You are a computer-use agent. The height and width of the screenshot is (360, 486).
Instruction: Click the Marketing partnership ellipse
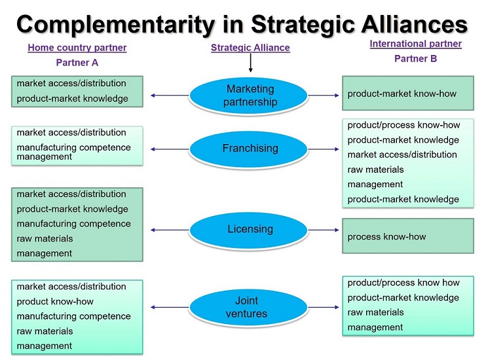[x=249, y=95]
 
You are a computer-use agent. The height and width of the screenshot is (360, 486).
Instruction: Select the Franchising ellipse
[x=249, y=149]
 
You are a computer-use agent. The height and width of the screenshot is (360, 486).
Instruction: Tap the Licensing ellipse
[x=249, y=229]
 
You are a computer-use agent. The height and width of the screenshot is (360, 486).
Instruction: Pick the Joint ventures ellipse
[x=246, y=307]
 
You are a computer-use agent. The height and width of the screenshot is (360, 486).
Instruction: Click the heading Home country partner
[x=77, y=48]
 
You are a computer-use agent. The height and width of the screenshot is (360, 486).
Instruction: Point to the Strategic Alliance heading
[x=250, y=48]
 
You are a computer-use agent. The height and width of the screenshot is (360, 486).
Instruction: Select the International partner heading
[x=415, y=44]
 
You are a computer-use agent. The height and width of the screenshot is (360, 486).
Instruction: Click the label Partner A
[x=77, y=63]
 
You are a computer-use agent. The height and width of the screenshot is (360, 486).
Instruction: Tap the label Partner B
[x=415, y=58]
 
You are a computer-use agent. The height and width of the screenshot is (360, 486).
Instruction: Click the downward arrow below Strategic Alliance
[x=250, y=63]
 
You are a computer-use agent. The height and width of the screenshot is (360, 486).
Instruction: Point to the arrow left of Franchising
[x=170, y=149]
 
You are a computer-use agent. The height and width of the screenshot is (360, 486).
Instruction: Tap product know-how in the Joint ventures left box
[x=55, y=302]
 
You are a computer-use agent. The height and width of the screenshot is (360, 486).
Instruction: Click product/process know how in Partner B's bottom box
[x=403, y=283]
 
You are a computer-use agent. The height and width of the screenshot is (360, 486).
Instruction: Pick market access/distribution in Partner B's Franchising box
[x=402, y=154]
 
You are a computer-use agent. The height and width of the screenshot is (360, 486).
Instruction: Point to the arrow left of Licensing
[x=170, y=230]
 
